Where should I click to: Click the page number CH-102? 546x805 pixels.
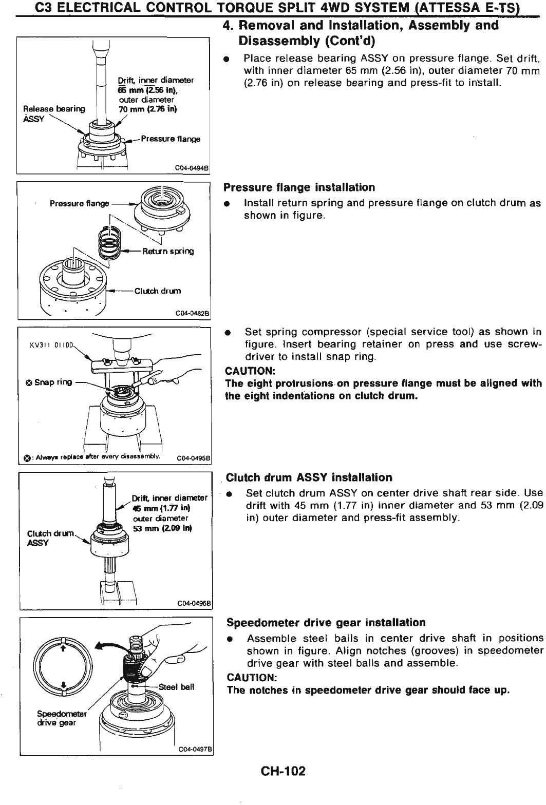(x=283, y=771)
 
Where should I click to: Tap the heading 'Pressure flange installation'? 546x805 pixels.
(x=300, y=187)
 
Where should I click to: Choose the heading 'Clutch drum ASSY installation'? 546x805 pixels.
(x=309, y=477)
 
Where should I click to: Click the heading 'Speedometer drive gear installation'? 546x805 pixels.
(x=326, y=623)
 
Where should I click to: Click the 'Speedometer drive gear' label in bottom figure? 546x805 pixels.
(x=57, y=718)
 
